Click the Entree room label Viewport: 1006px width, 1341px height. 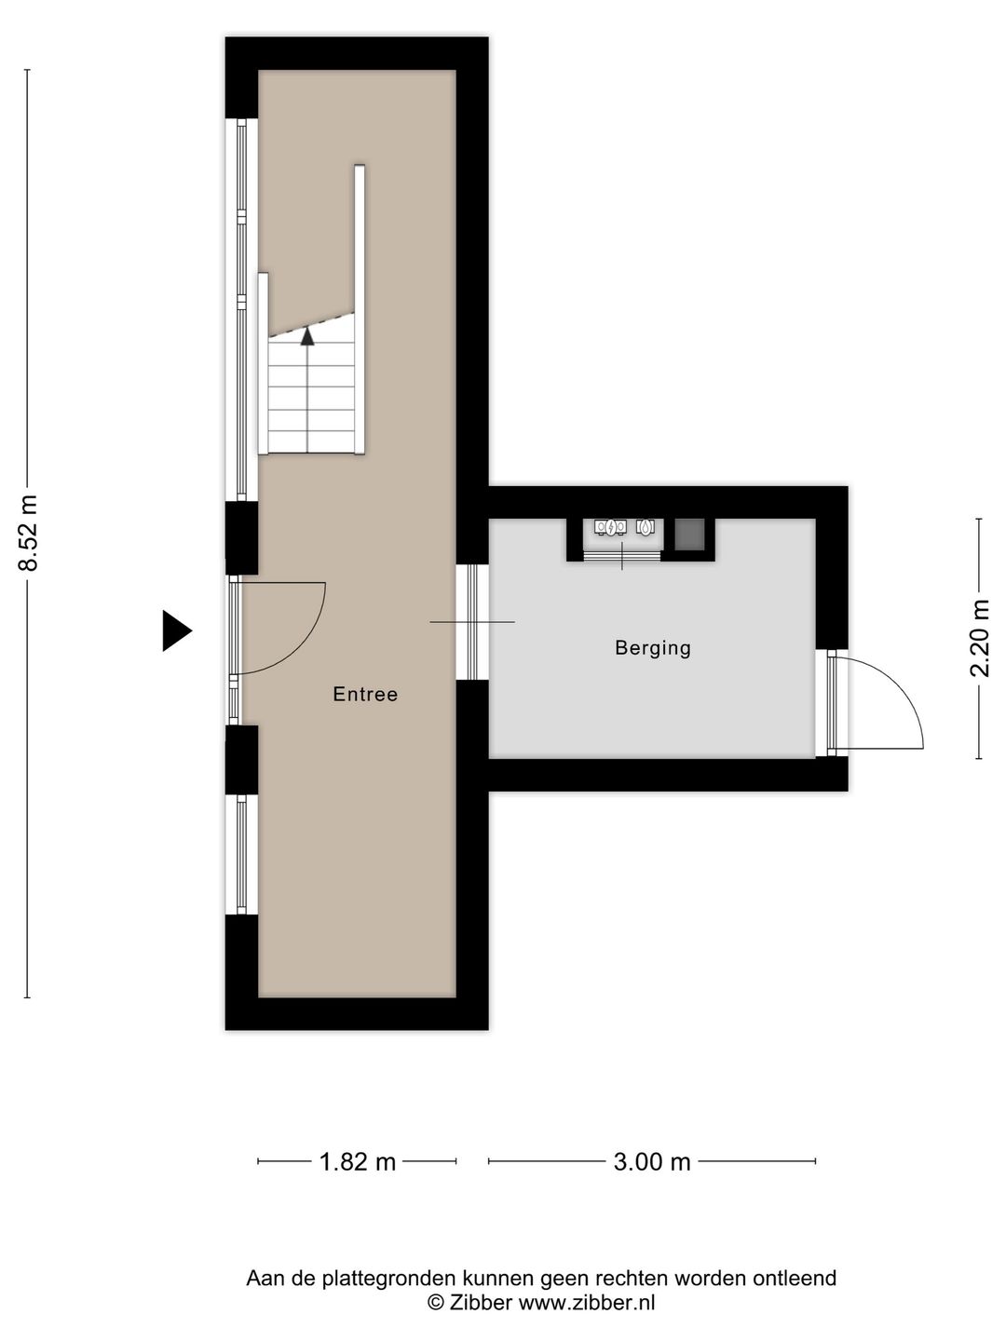point(365,695)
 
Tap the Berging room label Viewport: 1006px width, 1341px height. point(653,648)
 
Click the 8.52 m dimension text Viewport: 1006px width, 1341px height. point(29,533)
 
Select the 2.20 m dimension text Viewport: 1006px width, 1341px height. point(979,639)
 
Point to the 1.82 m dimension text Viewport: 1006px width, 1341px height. point(358,1161)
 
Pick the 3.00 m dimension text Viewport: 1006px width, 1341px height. point(652,1161)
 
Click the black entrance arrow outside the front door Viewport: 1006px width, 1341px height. point(177,630)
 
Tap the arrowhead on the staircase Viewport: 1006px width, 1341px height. point(307,336)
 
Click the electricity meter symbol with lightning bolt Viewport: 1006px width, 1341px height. point(610,527)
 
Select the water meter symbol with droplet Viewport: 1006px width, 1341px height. point(646,527)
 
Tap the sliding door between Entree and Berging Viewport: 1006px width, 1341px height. point(472,622)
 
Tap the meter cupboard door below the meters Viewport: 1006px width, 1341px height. point(622,555)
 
